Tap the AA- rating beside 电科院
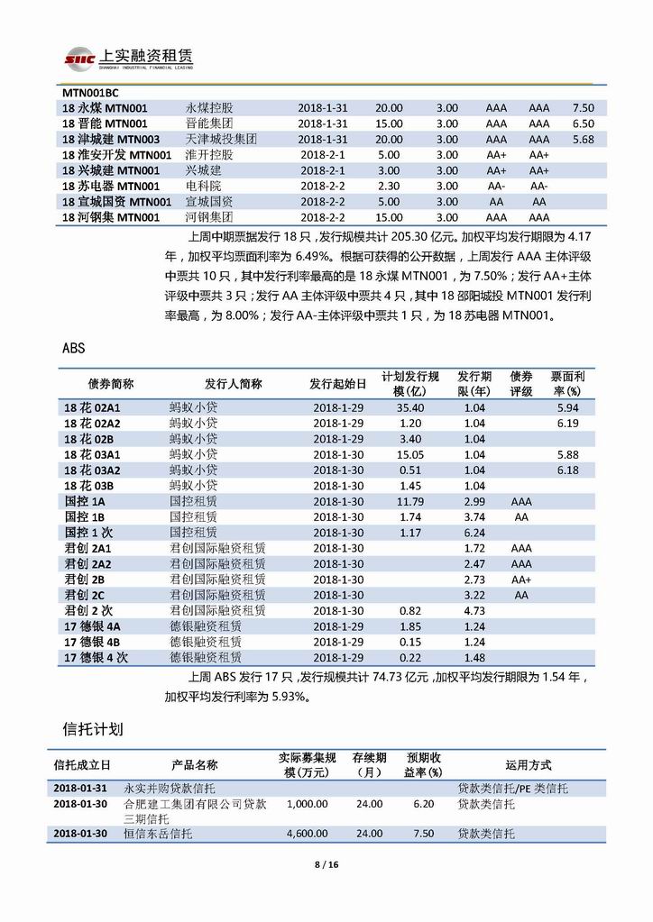[x=495, y=186]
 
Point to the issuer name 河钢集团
[x=209, y=217]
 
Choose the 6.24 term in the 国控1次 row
[x=474, y=532]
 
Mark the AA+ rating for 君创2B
[x=521, y=579]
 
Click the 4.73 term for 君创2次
[x=474, y=610]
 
